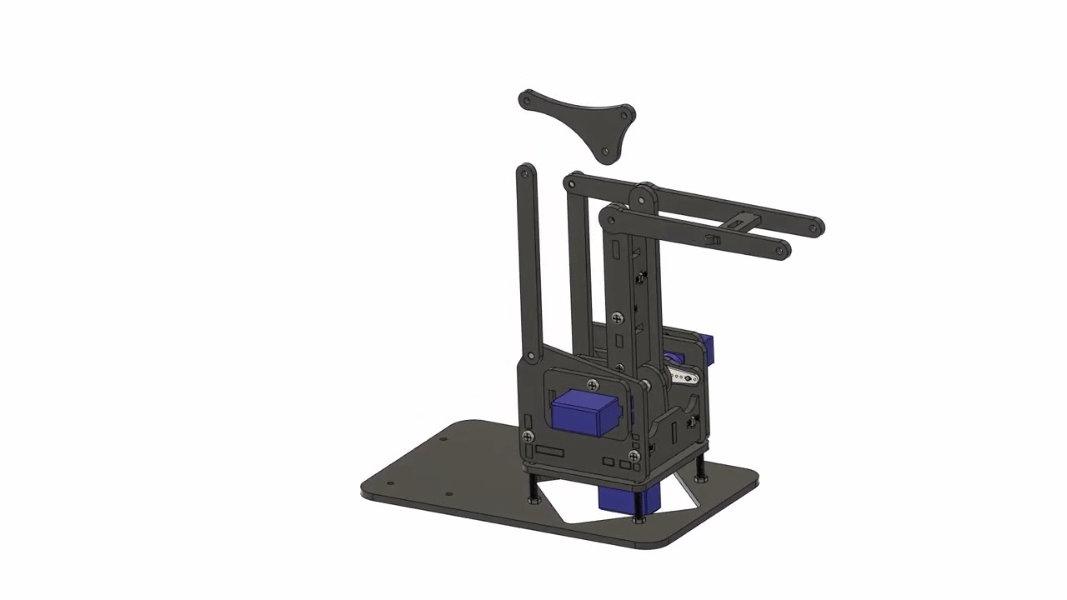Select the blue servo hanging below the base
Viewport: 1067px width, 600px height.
pos(629,498)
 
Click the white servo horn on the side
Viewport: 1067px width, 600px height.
pos(684,377)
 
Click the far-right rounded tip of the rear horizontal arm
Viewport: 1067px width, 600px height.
pos(815,225)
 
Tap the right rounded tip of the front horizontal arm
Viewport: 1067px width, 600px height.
pos(781,250)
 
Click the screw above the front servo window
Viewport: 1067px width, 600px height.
pos(593,385)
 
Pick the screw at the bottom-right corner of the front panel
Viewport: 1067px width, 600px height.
pos(634,457)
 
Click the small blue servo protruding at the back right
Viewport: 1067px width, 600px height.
pos(708,344)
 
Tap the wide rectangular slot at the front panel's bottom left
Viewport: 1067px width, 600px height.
pos(550,452)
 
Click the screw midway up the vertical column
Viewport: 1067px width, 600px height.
pos(616,317)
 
